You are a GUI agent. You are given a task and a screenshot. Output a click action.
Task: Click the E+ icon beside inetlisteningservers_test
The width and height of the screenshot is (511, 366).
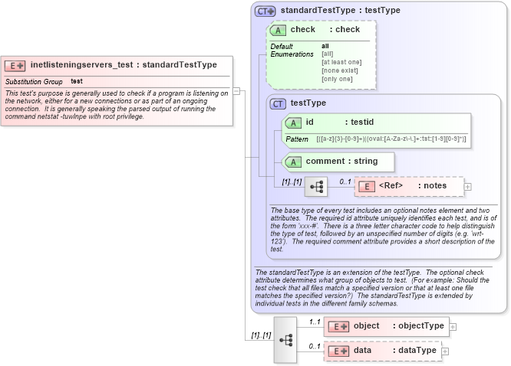point(15,65)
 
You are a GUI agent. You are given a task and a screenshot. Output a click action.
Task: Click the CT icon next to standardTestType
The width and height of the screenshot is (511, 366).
point(265,11)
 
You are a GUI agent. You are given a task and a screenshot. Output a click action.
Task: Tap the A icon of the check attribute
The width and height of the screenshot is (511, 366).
point(278,30)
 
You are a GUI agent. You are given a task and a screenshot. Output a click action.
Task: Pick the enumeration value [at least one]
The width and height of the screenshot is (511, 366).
point(341,62)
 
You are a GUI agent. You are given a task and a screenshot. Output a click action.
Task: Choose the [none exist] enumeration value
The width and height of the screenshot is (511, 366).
point(340,70)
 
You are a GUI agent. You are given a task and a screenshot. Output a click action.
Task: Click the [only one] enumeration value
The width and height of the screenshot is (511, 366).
point(337,79)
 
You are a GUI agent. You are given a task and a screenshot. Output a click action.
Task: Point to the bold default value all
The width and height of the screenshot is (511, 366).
point(325,46)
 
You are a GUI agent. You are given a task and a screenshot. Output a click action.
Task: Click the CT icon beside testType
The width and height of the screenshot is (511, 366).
point(278,103)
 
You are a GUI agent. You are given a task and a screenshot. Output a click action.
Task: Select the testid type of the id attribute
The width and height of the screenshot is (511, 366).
point(358,122)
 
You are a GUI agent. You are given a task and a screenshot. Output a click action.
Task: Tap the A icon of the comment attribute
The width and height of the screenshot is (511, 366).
point(292,162)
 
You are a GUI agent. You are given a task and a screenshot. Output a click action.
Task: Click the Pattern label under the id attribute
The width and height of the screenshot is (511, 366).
point(297,139)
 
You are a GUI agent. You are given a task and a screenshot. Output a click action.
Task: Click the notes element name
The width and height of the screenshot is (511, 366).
point(435,186)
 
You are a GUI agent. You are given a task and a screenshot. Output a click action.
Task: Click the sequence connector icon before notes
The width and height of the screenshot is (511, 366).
point(315,186)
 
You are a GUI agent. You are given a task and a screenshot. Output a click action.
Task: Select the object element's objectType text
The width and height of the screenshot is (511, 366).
point(418,326)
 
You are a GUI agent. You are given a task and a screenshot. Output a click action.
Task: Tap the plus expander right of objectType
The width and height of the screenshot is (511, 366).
point(453,326)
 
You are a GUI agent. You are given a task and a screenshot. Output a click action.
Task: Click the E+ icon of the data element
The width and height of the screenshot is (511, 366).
point(338,351)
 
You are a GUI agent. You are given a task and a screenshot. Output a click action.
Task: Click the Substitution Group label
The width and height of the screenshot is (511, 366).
point(34,81)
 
